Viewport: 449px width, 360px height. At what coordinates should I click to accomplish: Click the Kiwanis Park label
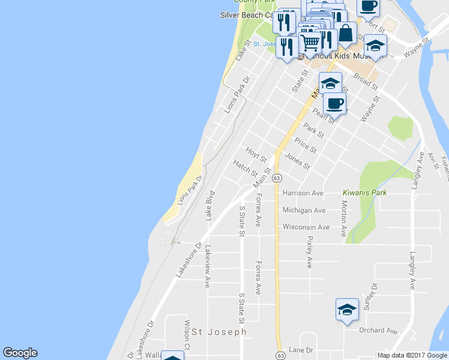pyautogui.click(x=365, y=193)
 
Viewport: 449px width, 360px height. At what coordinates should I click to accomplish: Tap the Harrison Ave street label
pyautogui.click(x=303, y=193)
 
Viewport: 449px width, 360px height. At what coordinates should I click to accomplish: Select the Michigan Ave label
pyautogui.click(x=304, y=210)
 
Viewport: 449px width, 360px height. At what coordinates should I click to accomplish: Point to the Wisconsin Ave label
pyautogui.click(x=306, y=227)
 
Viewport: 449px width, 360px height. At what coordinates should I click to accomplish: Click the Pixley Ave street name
pyautogui.click(x=310, y=251)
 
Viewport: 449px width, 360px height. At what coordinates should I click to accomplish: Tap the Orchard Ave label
pyautogui.click(x=378, y=331)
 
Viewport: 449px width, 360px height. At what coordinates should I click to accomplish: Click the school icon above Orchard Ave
pyautogui.click(x=347, y=310)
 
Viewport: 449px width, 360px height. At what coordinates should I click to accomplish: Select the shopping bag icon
pyautogui.click(x=346, y=33)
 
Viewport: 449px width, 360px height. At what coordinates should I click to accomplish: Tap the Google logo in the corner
pyautogui.click(x=20, y=353)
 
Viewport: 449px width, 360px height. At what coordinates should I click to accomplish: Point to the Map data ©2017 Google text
pyautogui.click(x=412, y=355)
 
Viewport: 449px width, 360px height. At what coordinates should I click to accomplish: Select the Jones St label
pyautogui.click(x=298, y=161)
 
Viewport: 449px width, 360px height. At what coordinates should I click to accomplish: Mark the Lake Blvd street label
pyautogui.click(x=210, y=206)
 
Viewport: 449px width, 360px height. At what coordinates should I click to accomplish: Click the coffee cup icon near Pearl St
pyautogui.click(x=334, y=103)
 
